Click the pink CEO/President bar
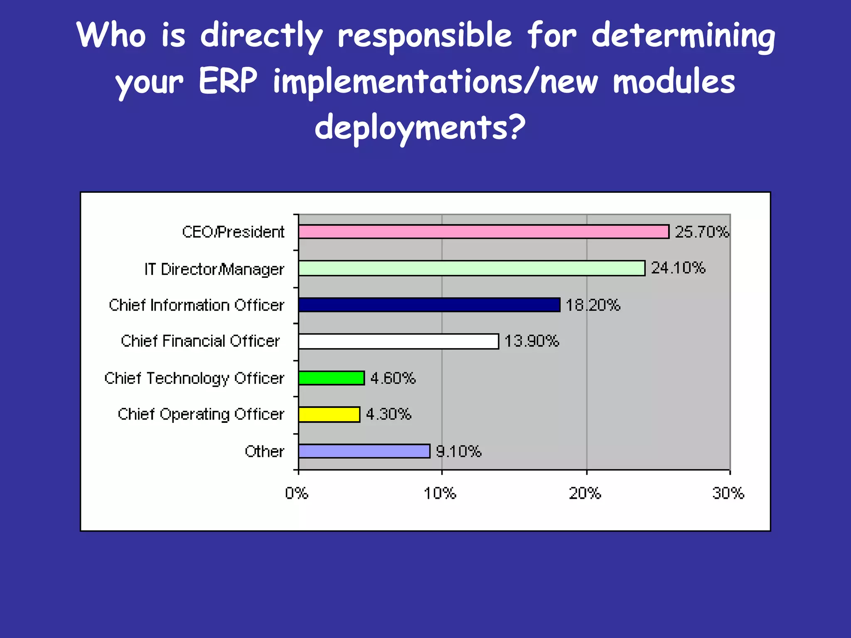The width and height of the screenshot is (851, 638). tap(484, 232)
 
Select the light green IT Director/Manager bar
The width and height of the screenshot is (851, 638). tap(472, 268)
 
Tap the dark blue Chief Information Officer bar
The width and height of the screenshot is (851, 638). tap(429, 305)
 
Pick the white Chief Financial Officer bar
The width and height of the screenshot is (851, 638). tap(398, 341)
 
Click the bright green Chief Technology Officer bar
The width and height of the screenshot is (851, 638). tap(332, 378)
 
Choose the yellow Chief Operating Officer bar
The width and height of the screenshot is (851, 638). tap(329, 415)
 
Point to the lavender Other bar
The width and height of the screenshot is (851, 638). tap(364, 451)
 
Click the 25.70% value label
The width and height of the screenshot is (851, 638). tap(702, 232)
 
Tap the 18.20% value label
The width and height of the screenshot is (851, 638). tap(593, 305)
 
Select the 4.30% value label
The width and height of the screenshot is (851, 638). tap(389, 414)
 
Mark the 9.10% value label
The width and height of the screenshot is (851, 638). tap(458, 451)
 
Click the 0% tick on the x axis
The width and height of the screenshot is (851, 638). tap(297, 493)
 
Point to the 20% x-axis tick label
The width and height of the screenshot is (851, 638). tap(585, 493)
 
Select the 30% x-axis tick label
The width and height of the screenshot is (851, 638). tap(728, 493)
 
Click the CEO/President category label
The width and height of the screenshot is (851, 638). tap(233, 232)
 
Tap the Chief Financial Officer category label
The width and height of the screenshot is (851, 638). tap(200, 341)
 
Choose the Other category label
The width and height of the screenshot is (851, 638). tap(264, 452)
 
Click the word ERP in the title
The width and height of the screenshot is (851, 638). tap(228, 81)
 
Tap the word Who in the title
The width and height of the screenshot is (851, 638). tap(111, 35)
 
